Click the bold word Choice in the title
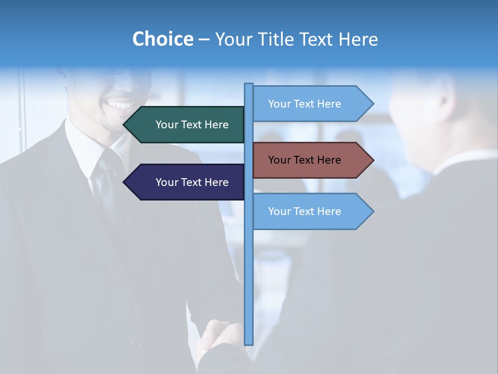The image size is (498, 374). tap(162, 39)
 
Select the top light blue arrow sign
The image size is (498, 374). tap(306, 104)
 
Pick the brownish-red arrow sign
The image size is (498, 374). tap(306, 160)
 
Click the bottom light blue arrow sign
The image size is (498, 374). tap(306, 211)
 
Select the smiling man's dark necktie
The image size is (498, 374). tap(109, 177)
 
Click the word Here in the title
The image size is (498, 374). tap(358, 39)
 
